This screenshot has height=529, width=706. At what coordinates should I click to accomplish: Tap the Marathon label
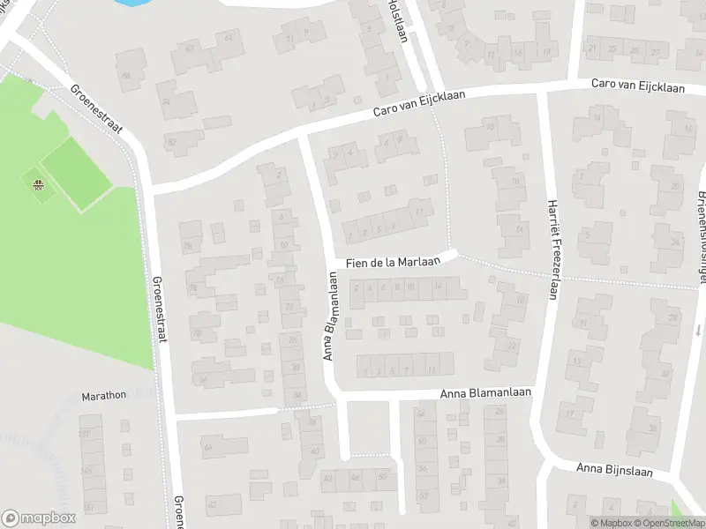[104, 396]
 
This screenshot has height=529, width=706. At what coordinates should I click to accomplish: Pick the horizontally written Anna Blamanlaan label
[486, 395]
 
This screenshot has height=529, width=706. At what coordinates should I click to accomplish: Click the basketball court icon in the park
[38, 185]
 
